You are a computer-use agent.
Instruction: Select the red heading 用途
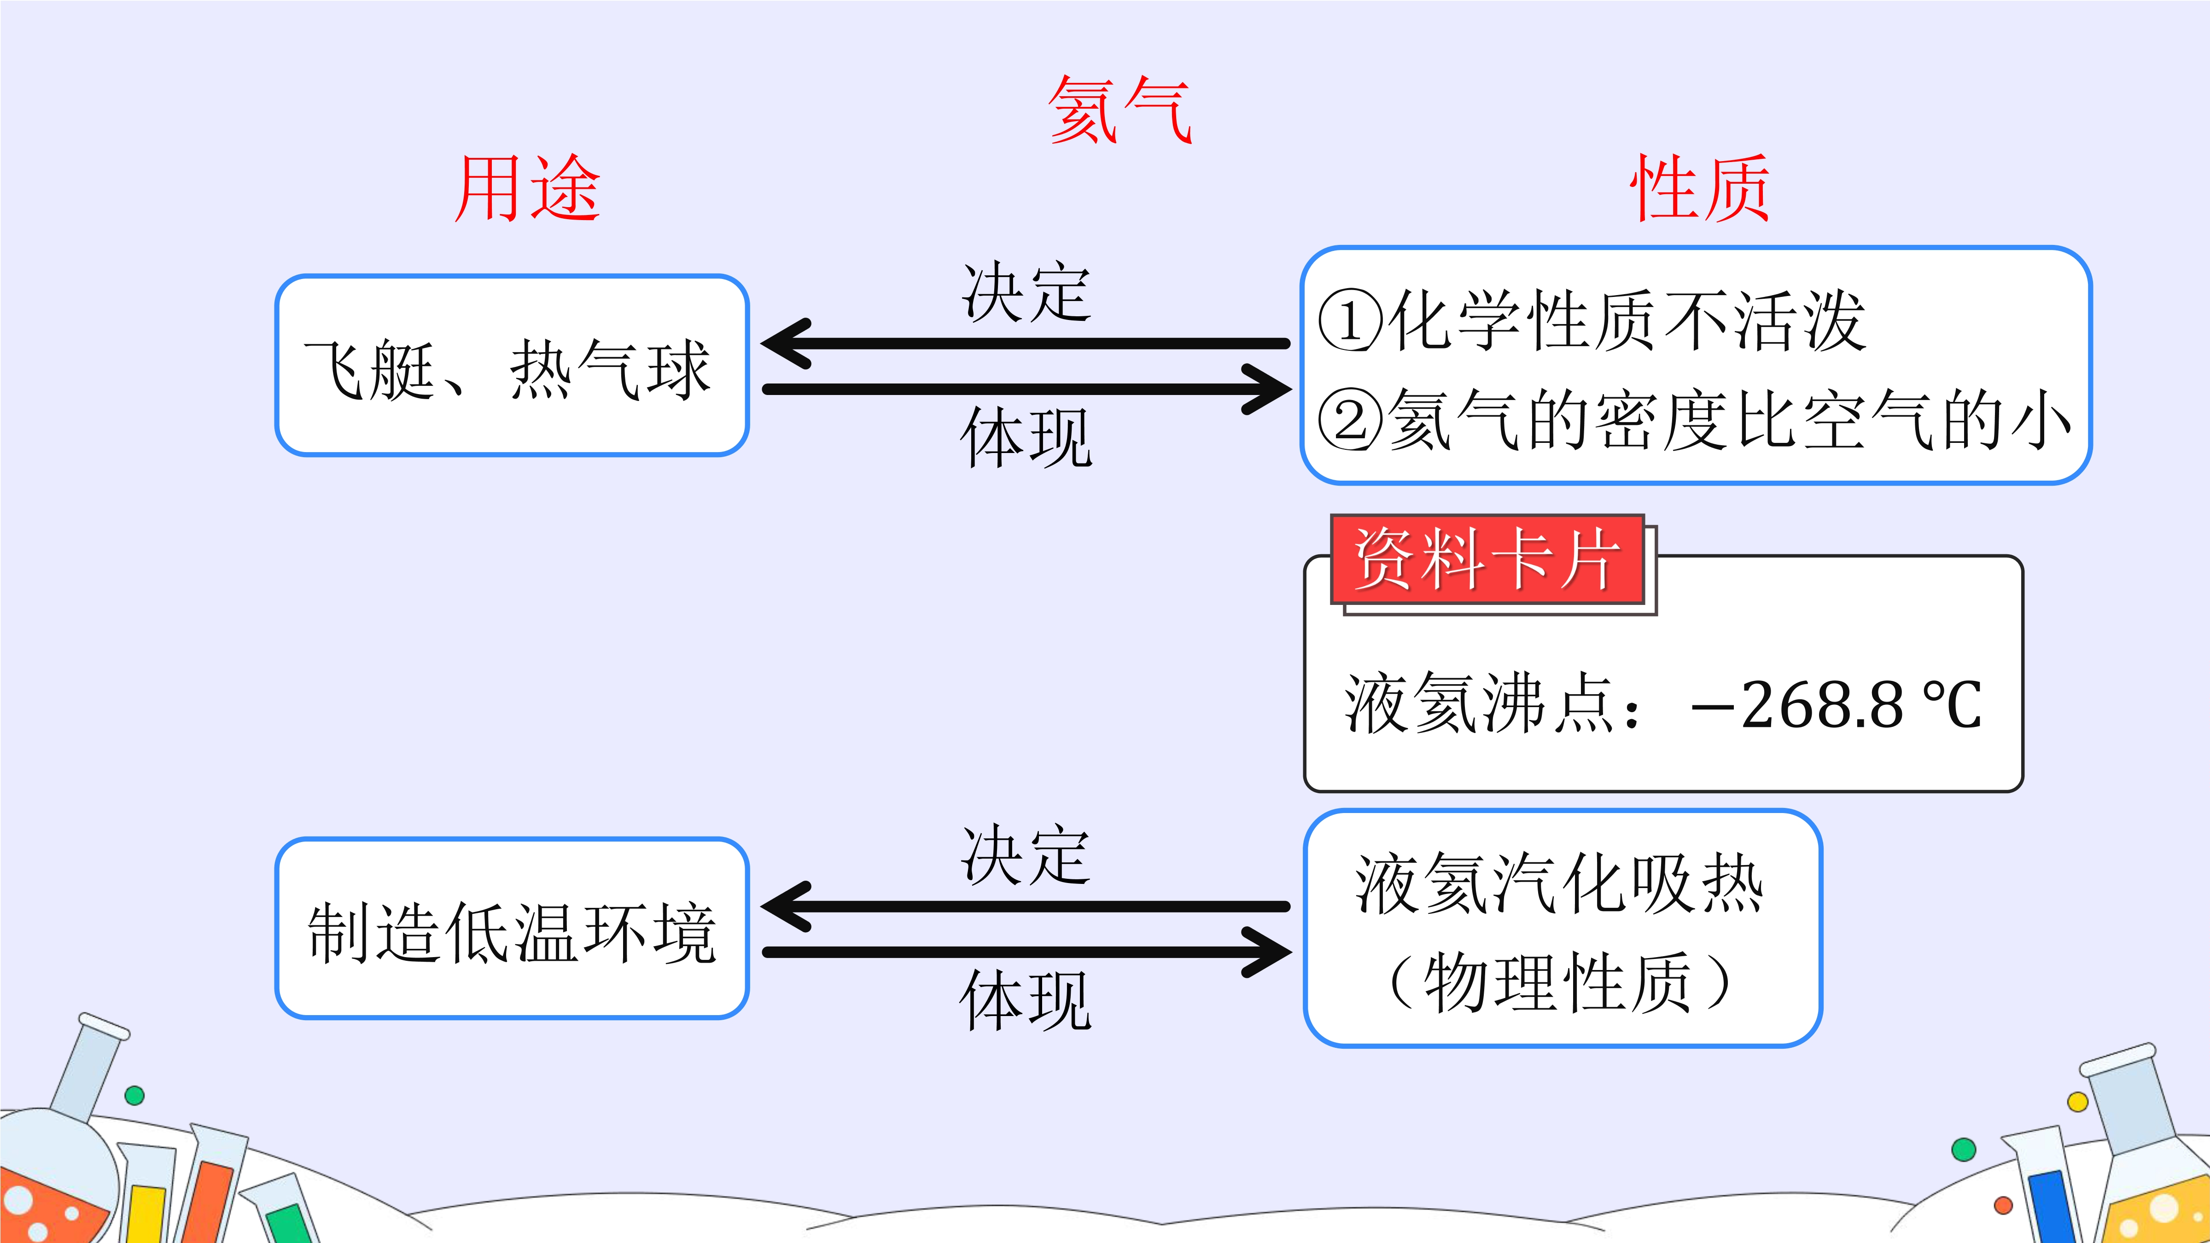(527, 189)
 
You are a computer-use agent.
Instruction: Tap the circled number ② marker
(1349, 420)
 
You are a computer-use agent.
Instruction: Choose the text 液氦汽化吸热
(1560, 883)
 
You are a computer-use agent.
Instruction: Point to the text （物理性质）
(1560, 982)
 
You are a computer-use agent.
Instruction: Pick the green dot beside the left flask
(134, 1095)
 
